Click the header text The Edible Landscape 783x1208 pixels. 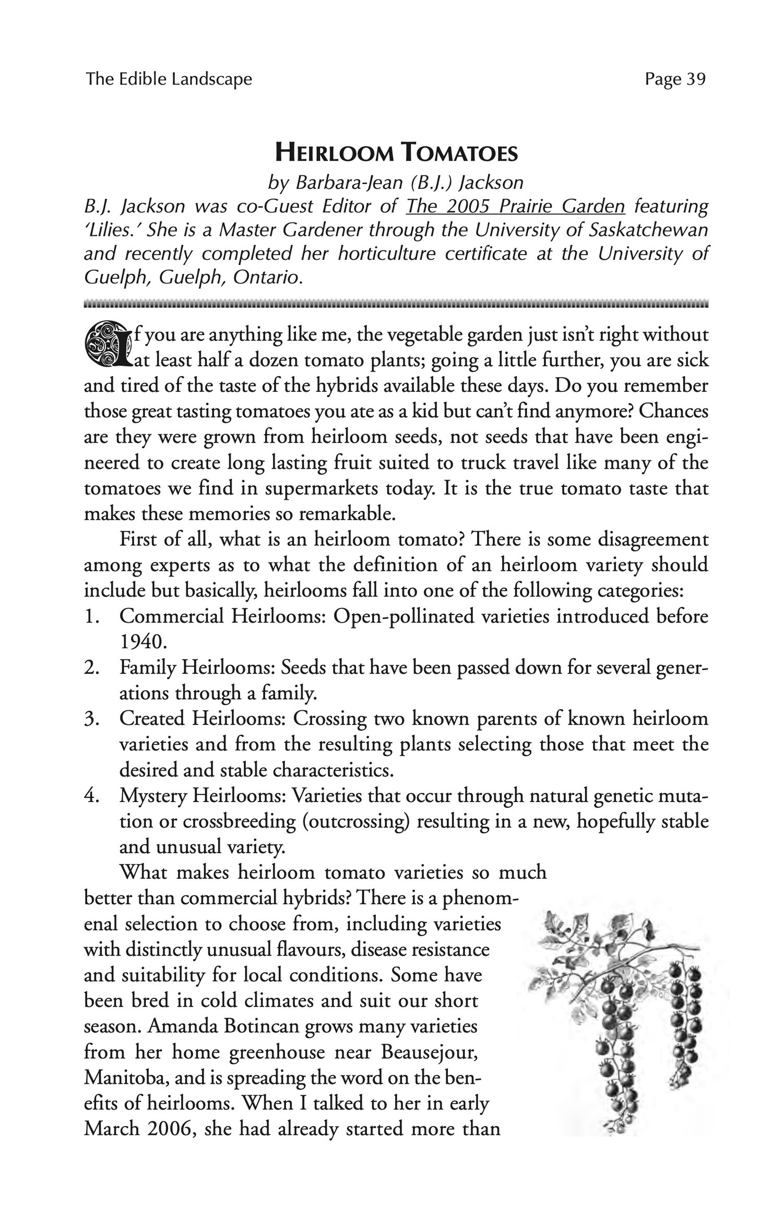pos(169,79)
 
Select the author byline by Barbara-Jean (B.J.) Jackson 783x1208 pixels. pos(395,182)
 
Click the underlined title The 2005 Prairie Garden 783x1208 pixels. pos(516,207)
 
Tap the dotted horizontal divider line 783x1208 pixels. pos(396,303)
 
